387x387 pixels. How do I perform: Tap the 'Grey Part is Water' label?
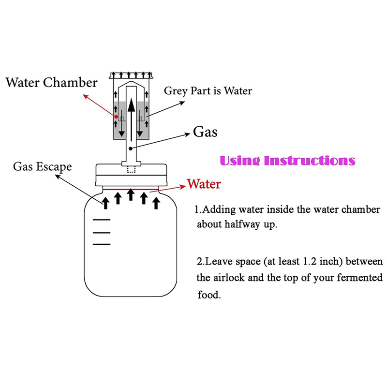click(208, 90)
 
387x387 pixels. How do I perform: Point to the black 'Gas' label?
click(205, 131)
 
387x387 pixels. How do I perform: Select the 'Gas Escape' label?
click(43, 167)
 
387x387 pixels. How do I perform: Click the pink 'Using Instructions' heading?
click(288, 160)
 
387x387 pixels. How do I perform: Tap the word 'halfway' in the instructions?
click(244, 224)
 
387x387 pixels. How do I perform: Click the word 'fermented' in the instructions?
click(361, 279)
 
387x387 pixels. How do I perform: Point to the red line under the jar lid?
click(131, 189)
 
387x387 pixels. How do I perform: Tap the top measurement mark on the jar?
click(102, 221)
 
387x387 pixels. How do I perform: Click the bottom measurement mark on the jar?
click(102, 244)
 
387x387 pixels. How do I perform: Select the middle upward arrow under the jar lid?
click(131, 194)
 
